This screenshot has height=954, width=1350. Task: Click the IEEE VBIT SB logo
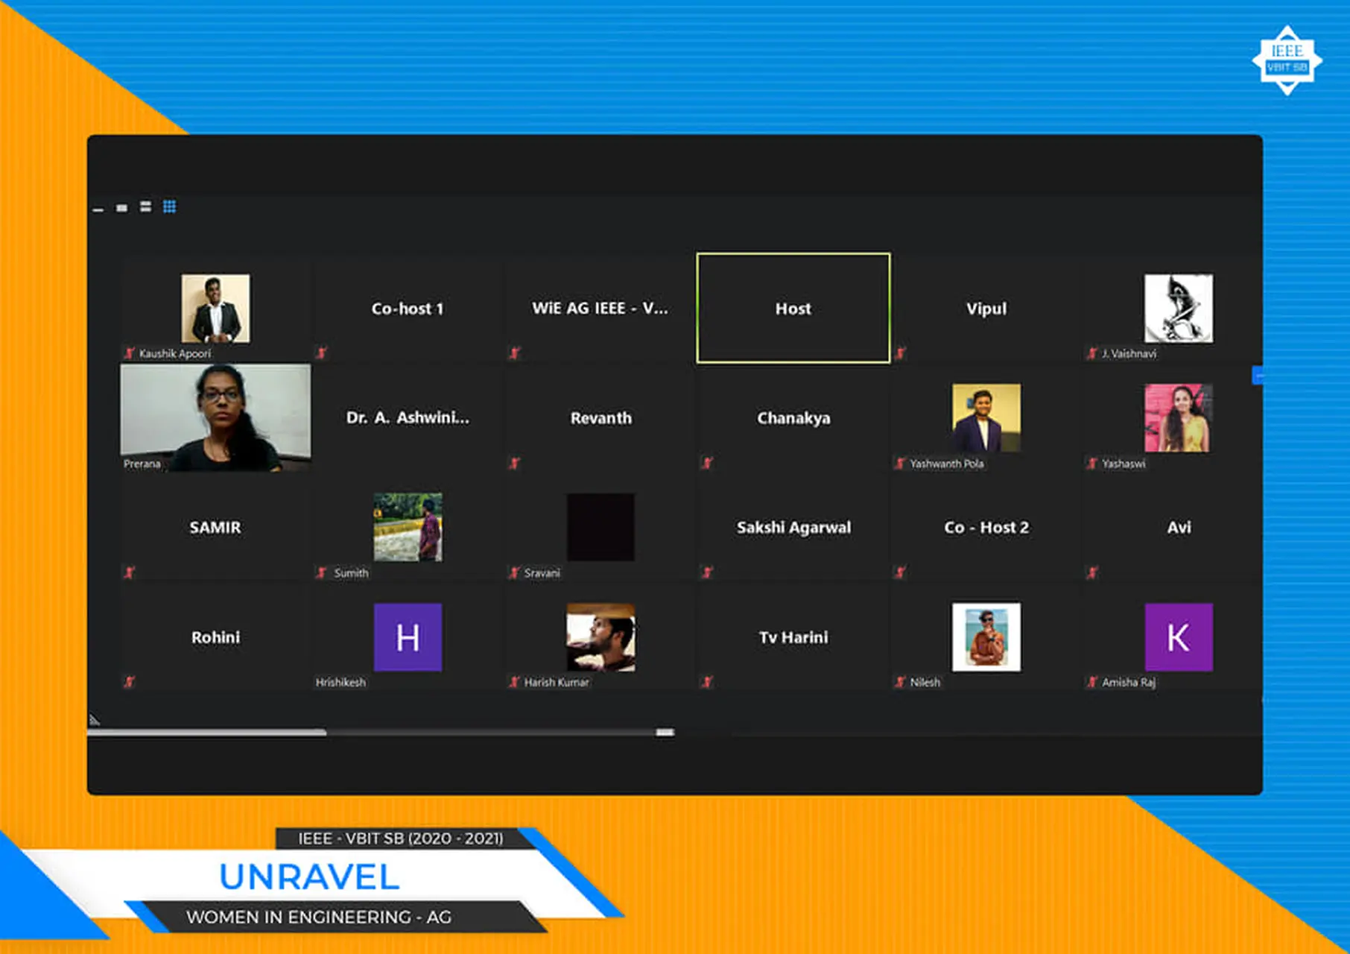pyautogui.click(x=1287, y=60)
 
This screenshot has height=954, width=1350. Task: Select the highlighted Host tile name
pyautogui.click(x=793, y=309)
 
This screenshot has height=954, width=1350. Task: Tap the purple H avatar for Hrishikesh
pyautogui.click(x=408, y=637)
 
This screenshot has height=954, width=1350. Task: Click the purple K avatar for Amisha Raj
pyautogui.click(x=1178, y=637)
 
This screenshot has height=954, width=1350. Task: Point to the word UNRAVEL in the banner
pyautogui.click(x=309, y=876)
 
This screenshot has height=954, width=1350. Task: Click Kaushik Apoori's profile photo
pyautogui.click(x=215, y=309)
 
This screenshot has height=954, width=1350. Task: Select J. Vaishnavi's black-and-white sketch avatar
pyautogui.click(x=1178, y=309)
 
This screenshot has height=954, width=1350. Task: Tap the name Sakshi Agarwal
pyautogui.click(x=793, y=528)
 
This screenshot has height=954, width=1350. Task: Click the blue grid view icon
pyautogui.click(x=170, y=206)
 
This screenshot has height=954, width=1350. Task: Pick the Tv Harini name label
pyautogui.click(x=793, y=637)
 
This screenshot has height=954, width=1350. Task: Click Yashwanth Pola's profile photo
pyautogui.click(x=986, y=417)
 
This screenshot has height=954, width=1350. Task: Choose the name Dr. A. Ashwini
pyautogui.click(x=408, y=418)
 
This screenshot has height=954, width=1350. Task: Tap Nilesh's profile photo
pyautogui.click(x=986, y=637)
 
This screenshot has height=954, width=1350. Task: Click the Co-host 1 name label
pyautogui.click(x=408, y=309)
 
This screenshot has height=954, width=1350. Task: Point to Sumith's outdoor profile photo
pyautogui.click(x=408, y=527)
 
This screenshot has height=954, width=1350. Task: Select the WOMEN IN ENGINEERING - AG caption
pyautogui.click(x=319, y=917)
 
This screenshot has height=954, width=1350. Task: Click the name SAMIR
pyautogui.click(x=215, y=528)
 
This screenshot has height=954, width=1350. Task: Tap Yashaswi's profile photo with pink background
pyautogui.click(x=1178, y=417)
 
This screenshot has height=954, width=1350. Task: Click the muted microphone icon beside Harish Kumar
pyautogui.click(x=514, y=682)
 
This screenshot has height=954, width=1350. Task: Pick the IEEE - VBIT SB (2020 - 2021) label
pyautogui.click(x=401, y=838)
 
